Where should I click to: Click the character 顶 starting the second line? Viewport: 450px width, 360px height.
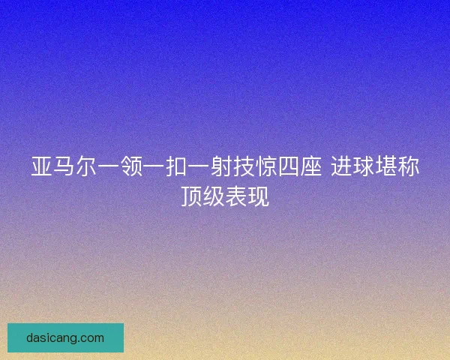coord(191,196)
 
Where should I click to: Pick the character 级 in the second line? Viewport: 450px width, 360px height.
coord(214,196)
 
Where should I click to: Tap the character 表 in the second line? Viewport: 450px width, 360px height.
coord(236,196)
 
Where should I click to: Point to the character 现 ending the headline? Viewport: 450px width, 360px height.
coord(259,196)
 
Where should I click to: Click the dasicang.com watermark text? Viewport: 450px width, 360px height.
coord(65,337)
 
